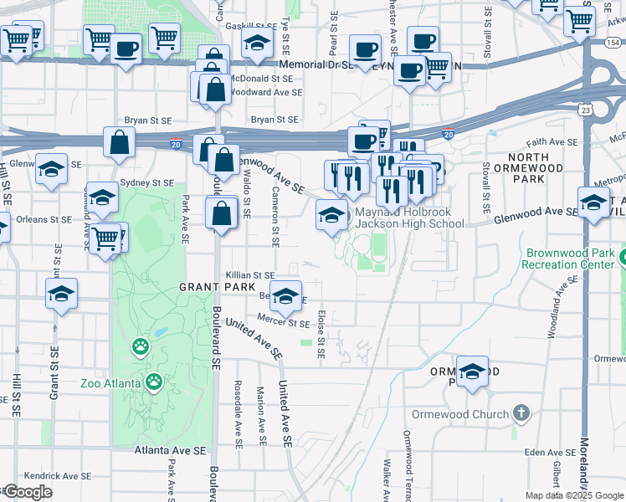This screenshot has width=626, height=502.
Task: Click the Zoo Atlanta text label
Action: [x=112, y=384]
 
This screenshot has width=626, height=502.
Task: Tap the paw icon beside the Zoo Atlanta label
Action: [x=154, y=383]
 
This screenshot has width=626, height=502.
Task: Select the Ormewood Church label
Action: [x=459, y=414]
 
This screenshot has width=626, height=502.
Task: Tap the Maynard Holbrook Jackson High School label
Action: [x=409, y=218]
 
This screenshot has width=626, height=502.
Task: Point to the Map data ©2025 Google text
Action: [x=574, y=495]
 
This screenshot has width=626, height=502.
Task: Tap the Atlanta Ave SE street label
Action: [x=170, y=450]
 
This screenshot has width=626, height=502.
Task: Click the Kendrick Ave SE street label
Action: [x=54, y=475]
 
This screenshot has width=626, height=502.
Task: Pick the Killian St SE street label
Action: [x=250, y=274]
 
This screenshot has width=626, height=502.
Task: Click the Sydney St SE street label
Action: [x=146, y=182]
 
